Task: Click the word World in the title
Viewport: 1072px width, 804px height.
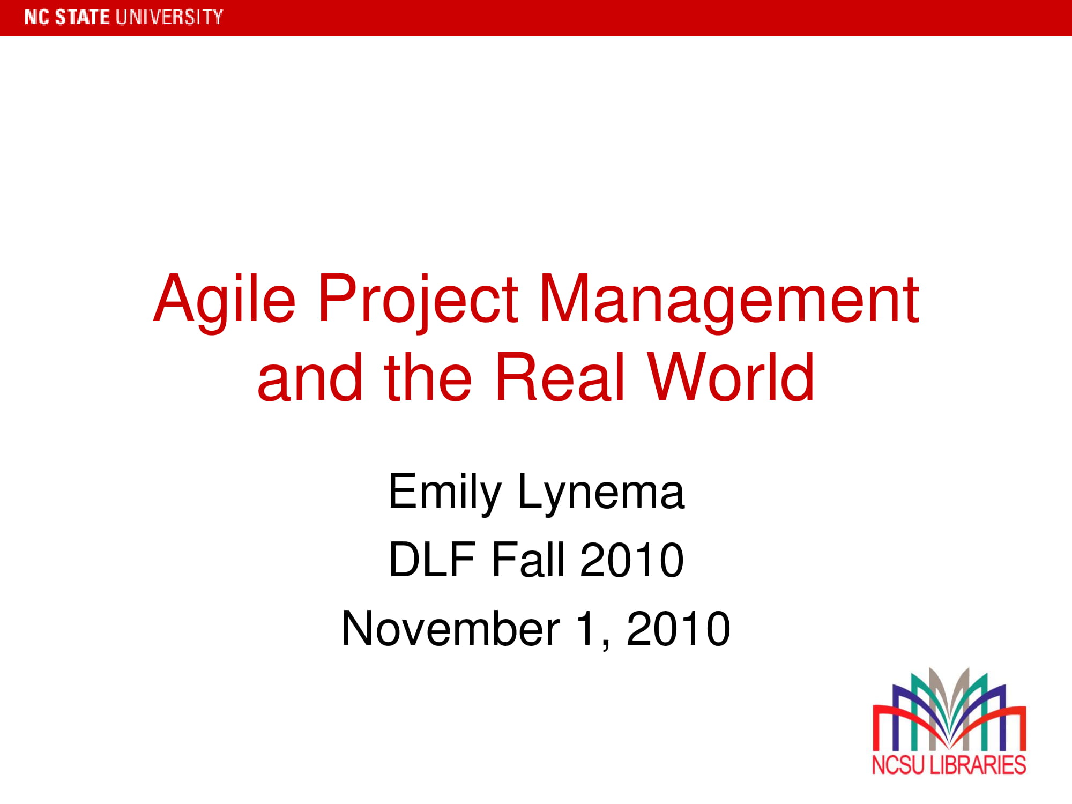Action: point(731,377)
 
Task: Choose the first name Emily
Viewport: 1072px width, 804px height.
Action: point(444,492)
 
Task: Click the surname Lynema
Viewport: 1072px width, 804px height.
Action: point(601,492)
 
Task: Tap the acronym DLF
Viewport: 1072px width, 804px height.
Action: point(432,560)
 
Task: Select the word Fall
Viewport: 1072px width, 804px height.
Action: point(528,560)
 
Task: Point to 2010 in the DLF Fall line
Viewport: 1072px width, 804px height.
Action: point(632,560)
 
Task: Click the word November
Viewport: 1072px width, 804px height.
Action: point(451,629)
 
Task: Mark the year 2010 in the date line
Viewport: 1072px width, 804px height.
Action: point(678,629)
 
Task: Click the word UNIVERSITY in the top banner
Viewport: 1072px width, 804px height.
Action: point(169,17)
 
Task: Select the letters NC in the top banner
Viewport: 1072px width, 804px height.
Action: point(36,17)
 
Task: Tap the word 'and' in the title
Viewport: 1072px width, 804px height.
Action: point(310,377)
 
